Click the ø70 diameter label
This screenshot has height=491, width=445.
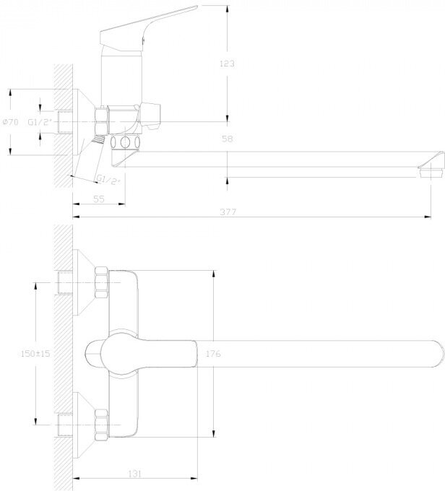point(11,122)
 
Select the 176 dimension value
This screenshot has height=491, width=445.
point(213,354)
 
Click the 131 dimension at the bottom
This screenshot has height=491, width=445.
point(134,474)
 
